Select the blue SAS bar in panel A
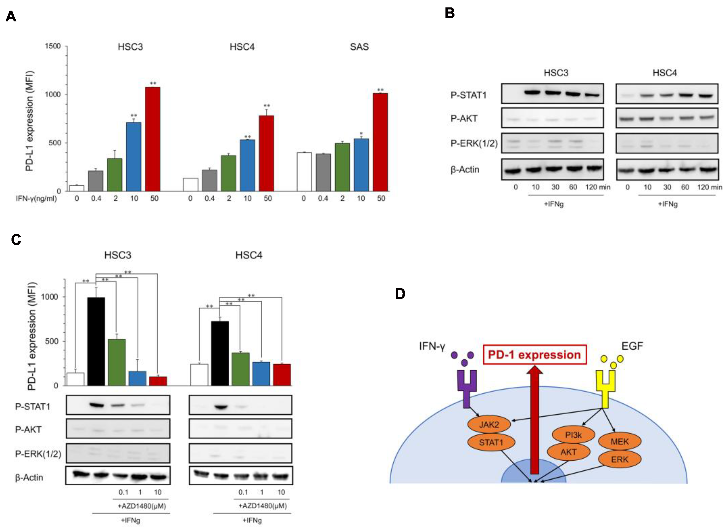(x=361, y=165)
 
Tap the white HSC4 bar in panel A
(x=190, y=185)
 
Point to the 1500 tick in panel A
(x=53, y=46)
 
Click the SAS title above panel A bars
(x=359, y=47)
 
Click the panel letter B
(x=450, y=14)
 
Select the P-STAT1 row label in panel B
(x=468, y=95)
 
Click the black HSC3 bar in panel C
(x=96, y=341)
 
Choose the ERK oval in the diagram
(x=619, y=459)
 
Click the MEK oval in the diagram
(x=619, y=442)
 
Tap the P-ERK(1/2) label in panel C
(x=38, y=454)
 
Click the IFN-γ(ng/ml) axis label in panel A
(x=36, y=199)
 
